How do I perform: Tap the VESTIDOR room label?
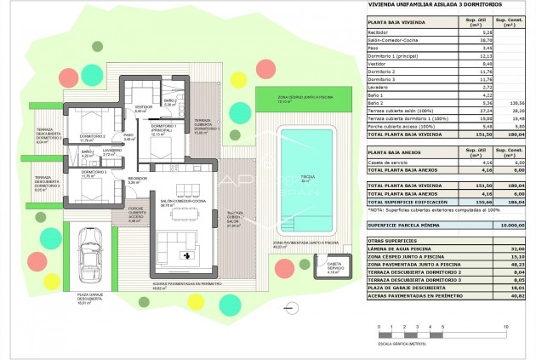coord(140,109)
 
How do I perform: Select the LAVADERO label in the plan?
coord(111,154)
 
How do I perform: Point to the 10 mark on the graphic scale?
coord(506,327)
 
